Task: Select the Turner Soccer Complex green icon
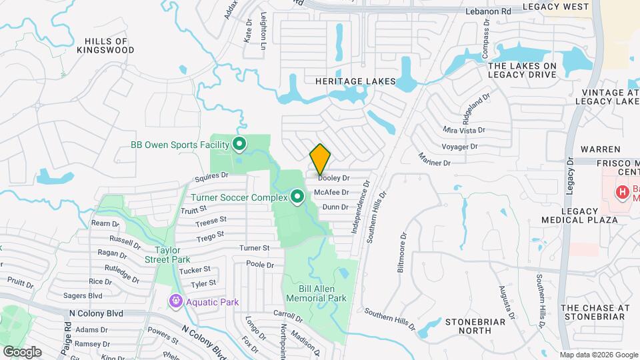coord(298,197)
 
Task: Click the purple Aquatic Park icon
coord(175,302)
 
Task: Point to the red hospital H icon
coord(622,193)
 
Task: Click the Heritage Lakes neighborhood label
coord(355,81)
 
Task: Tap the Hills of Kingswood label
coord(105,45)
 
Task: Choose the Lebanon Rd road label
coord(489,11)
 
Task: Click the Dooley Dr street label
coord(334,179)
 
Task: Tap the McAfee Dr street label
coord(335,193)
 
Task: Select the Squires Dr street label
coord(212,178)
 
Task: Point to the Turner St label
coord(254,248)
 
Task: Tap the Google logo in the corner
coord(22,351)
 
